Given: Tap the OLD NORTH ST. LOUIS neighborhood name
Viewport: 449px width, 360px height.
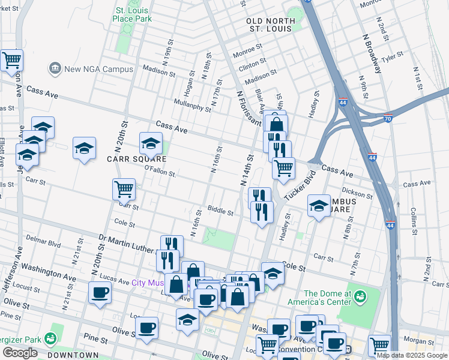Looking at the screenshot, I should (x=271, y=25).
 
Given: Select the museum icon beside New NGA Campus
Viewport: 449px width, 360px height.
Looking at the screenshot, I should (x=55, y=68).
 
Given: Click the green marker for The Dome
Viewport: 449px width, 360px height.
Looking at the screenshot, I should (x=360, y=296).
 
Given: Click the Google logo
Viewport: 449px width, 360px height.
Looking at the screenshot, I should (x=20, y=353).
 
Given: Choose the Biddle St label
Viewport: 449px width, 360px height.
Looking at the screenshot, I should (x=220, y=211).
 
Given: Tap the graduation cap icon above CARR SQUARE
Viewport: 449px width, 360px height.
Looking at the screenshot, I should (x=151, y=144).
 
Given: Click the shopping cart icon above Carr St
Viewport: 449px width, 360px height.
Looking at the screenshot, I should (x=124, y=189).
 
